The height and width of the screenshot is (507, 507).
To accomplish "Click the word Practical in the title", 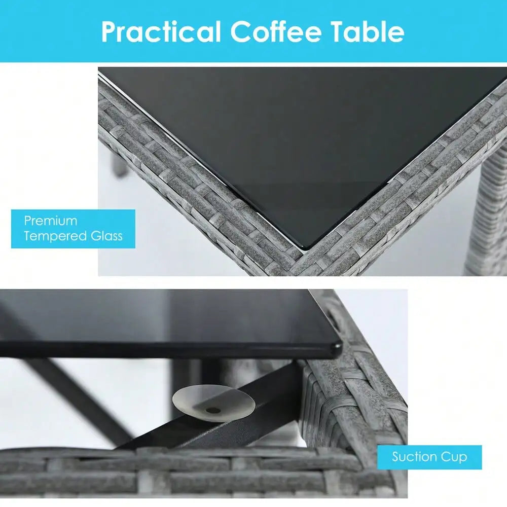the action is pyautogui.click(x=161, y=31).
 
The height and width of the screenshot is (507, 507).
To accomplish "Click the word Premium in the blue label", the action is pyautogui.click(x=50, y=221).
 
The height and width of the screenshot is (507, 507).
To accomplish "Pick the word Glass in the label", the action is pyautogui.click(x=106, y=236).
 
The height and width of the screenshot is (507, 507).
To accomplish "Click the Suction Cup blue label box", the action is pyautogui.click(x=429, y=457).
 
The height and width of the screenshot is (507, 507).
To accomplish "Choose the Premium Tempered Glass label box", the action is pyautogui.click(x=73, y=229).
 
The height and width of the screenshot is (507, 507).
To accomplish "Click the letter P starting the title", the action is pyautogui.click(x=110, y=32).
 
